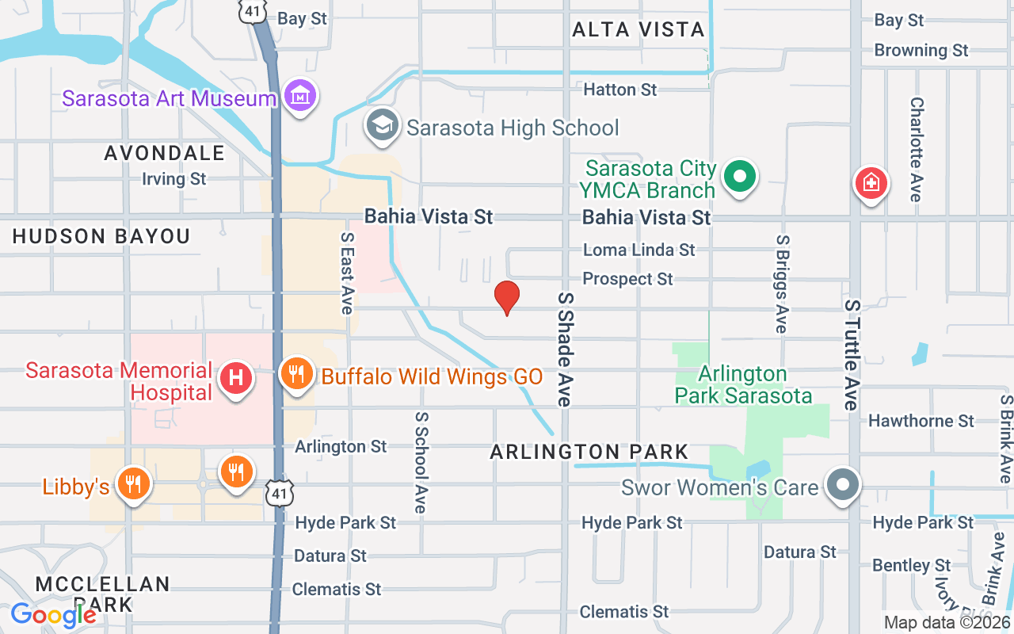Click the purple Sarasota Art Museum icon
pyautogui.click(x=300, y=97)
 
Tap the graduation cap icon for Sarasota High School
pyautogui.click(x=383, y=126)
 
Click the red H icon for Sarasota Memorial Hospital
pyautogui.click(x=235, y=379)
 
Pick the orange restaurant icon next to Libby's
pyautogui.click(x=133, y=483)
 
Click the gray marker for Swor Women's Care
pyautogui.click(x=842, y=485)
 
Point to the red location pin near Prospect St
pyautogui.click(x=506, y=298)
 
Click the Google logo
pyautogui.click(x=53, y=614)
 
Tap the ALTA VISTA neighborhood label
pyautogui.click(x=638, y=30)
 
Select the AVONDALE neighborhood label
pyautogui.click(x=165, y=153)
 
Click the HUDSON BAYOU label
pyautogui.click(x=101, y=236)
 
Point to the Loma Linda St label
pyautogui.click(x=639, y=250)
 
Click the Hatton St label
pyautogui.click(x=619, y=90)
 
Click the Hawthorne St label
pyautogui.click(x=921, y=421)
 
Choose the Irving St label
pyautogui.click(x=173, y=179)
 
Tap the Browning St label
pyautogui.click(x=921, y=51)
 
